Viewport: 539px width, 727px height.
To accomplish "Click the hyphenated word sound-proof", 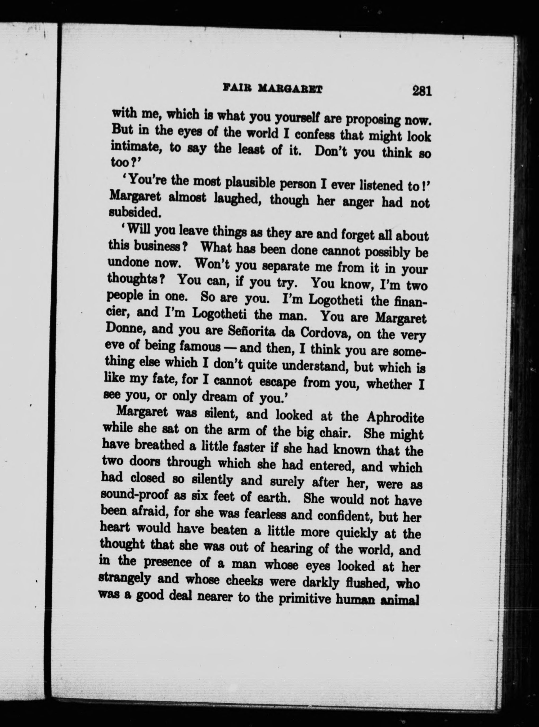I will [x=135, y=496].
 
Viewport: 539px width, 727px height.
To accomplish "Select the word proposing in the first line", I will [x=372, y=120].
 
